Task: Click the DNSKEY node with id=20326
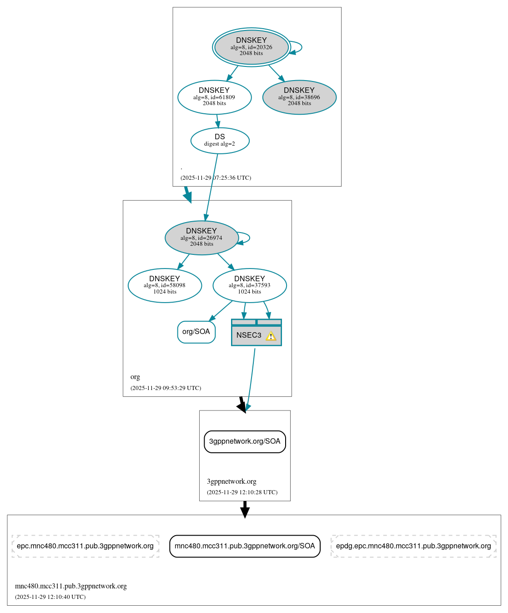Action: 251,47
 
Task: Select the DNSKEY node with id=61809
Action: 214,97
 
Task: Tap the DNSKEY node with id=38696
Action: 299,97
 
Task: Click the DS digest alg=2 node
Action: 220,140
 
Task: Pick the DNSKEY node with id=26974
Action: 201,238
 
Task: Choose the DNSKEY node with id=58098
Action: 165,285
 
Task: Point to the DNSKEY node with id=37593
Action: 249,285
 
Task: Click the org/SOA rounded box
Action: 196,332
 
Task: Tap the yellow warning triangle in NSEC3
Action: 271,336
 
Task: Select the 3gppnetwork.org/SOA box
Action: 245,441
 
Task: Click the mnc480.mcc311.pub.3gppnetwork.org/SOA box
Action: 245,546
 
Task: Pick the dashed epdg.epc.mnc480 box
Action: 413,546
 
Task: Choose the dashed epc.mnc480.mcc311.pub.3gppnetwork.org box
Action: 85,546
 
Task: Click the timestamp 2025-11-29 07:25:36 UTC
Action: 216,178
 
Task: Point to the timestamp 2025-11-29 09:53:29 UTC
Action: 166,388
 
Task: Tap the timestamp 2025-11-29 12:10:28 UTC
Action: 242,492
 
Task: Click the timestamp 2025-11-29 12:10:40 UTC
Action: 50,597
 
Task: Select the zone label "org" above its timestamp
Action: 135,377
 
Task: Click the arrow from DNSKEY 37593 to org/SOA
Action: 221,311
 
